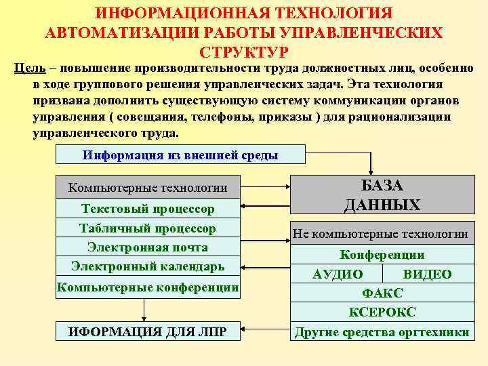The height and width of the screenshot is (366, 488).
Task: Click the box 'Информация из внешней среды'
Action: click(180, 155)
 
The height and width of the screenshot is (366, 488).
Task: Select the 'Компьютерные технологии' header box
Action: click(148, 188)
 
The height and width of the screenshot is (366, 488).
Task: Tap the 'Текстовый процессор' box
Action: click(148, 209)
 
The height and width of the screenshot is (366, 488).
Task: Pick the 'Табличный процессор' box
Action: click(148, 228)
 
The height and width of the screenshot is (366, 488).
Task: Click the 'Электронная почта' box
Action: click(148, 247)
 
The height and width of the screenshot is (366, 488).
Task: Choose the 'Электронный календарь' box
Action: click(148, 266)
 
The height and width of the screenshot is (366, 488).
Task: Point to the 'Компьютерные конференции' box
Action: click(148, 287)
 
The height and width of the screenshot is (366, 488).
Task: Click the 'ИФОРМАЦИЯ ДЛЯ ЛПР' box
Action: click(148, 331)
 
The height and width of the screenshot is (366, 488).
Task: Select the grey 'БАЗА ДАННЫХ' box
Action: click(382, 195)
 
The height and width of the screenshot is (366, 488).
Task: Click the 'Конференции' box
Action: click(382, 255)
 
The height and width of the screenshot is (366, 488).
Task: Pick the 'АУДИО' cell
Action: click(337, 274)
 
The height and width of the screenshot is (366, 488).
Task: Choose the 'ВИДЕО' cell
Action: click(427, 274)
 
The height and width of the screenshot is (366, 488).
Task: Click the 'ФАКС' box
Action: click(382, 293)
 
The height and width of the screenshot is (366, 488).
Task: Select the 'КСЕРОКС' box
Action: click(382, 312)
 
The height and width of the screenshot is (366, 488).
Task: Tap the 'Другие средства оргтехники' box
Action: click(382, 332)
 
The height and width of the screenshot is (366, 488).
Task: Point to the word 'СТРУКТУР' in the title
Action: click(244, 52)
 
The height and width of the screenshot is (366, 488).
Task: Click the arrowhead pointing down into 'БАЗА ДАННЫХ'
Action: click(371, 171)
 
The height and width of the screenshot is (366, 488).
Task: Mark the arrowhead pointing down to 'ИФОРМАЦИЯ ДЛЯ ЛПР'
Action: click(144, 317)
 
